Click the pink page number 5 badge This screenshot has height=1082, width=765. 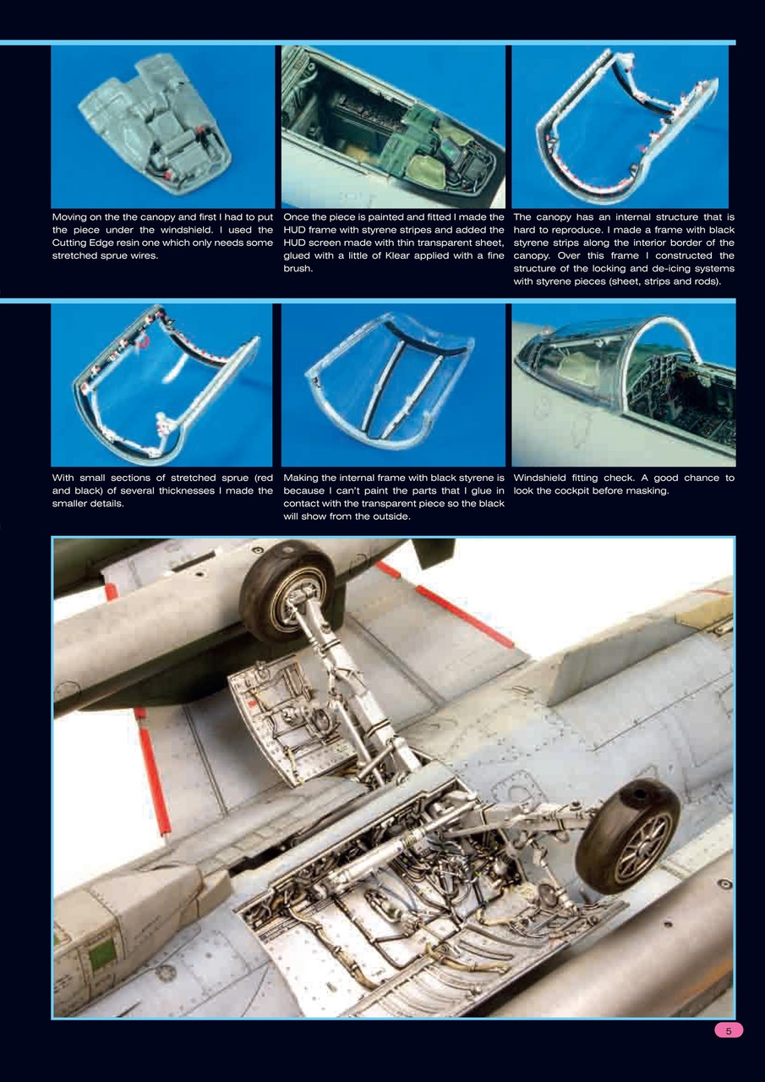point(729,1030)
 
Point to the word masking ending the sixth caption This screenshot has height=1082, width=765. point(647,490)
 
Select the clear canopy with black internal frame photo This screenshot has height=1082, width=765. point(393,385)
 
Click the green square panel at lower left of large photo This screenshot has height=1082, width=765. point(101,954)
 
